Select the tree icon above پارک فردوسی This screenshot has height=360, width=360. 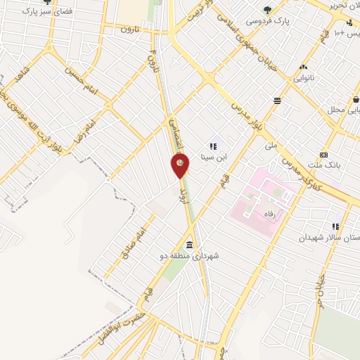pos(267,9)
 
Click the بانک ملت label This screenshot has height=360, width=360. pos(329,167)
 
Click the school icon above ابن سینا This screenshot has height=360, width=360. pos(213,146)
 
